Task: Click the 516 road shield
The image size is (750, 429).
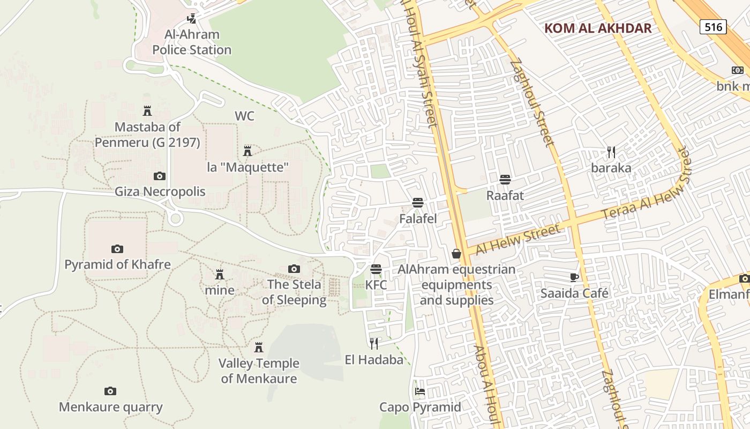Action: pos(713,27)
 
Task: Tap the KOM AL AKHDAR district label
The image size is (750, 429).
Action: pos(598,28)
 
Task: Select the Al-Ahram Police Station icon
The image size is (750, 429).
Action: pos(191,19)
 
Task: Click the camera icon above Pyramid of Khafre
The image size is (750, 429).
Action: pos(117,249)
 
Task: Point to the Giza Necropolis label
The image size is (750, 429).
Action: pos(160,191)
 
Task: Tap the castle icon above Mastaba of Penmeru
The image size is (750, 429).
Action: pos(147,111)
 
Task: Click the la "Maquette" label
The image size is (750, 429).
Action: pos(247,167)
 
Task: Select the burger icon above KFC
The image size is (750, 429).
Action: pos(376,269)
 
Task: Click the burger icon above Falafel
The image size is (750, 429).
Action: pos(418,202)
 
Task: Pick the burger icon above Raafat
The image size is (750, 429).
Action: pos(505,179)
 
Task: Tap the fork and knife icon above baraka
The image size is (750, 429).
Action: pos(611,152)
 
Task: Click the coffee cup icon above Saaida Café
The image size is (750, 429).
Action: pos(574,277)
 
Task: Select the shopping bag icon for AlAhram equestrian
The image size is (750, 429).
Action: pos(456,253)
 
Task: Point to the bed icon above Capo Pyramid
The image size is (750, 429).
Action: pos(420,391)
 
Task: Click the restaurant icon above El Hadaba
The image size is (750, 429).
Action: pos(374,343)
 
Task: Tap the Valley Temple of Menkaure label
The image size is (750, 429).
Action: pos(259,371)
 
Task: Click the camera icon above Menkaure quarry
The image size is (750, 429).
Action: pos(110,391)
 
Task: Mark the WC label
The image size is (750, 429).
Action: pos(244,116)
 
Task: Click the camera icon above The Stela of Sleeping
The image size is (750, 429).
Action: pos(294,269)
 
